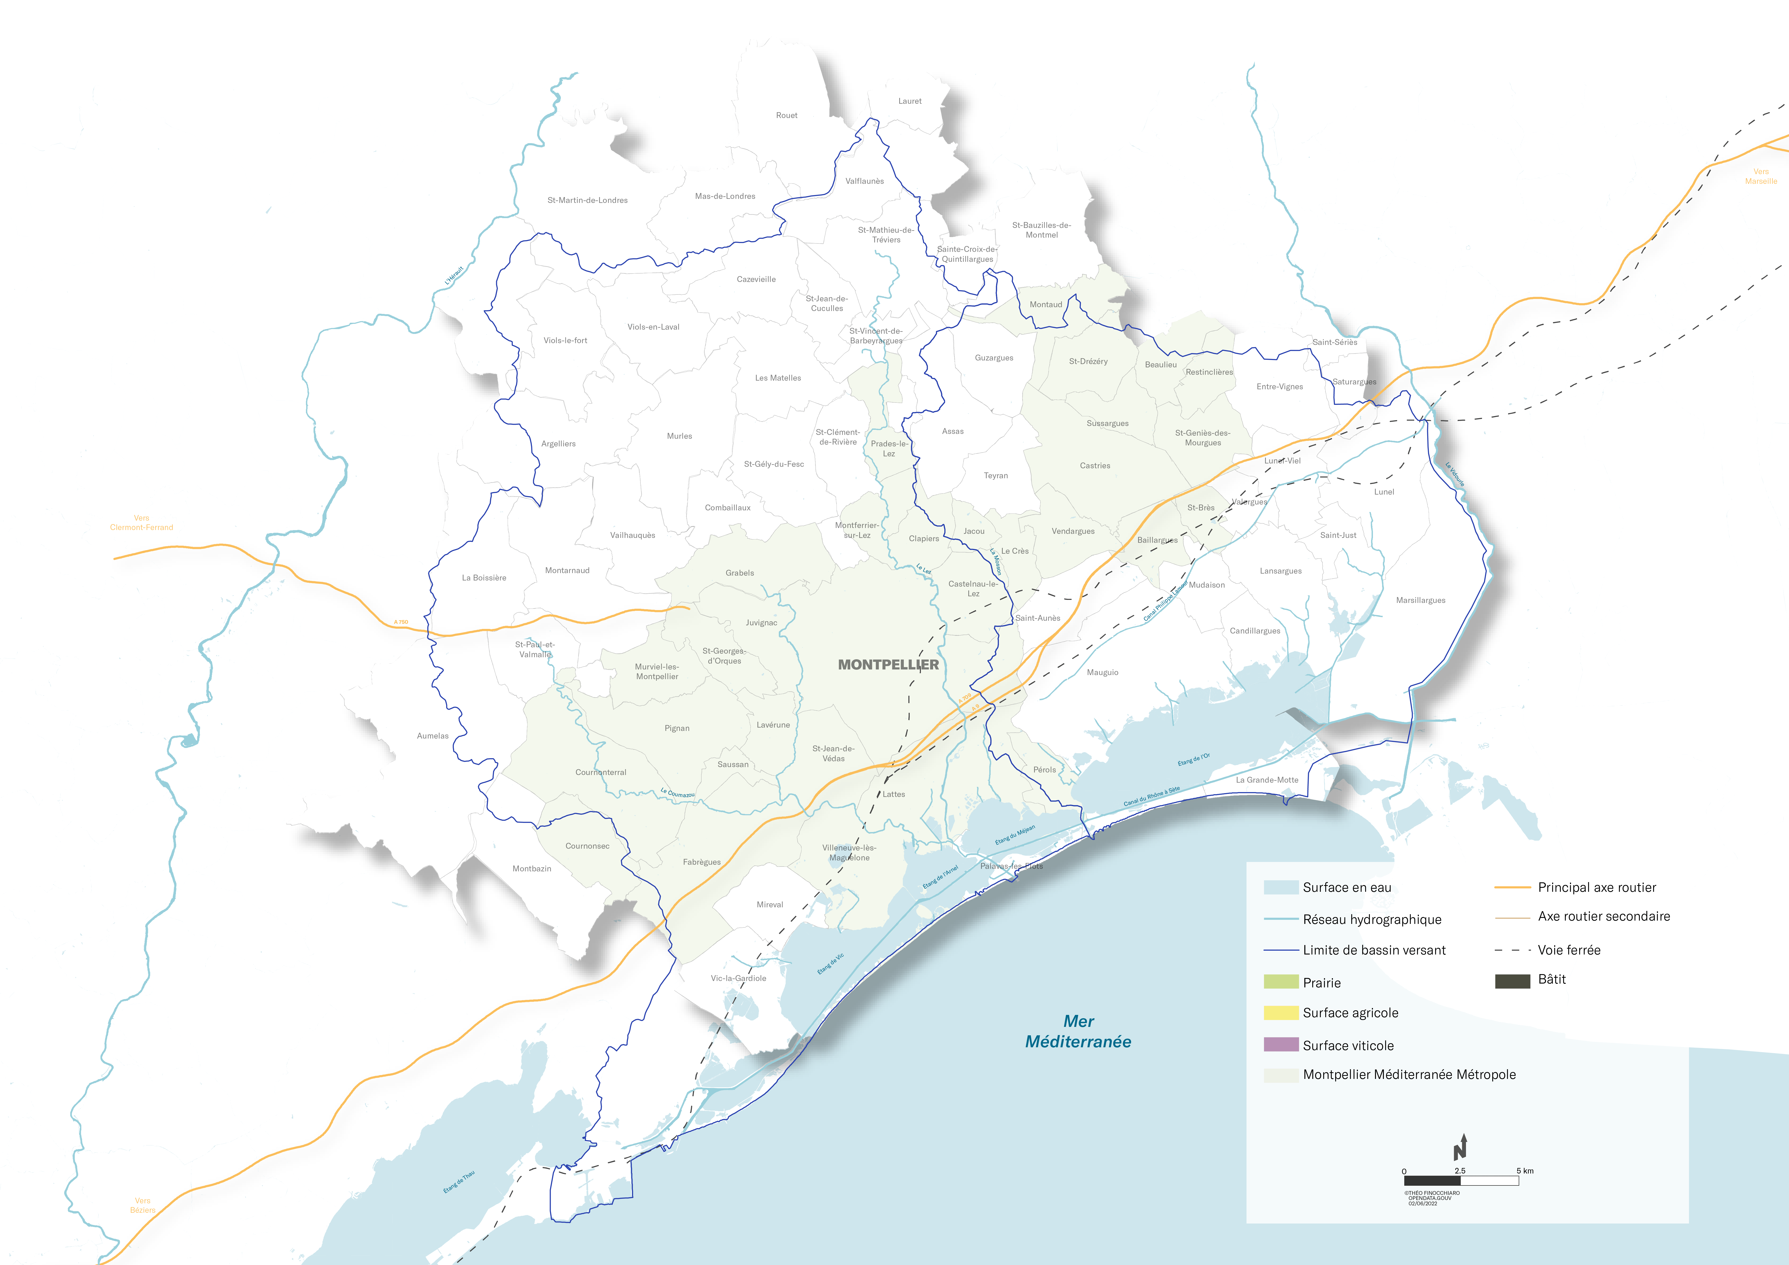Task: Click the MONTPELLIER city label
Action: pyautogui.click(x=888, y=664)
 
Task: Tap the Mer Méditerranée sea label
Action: pyautogui.click(x=1078, y=1031)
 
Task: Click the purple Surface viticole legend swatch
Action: pyautogui.click(x=1281, y=1044)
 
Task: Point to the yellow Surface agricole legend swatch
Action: pyautogui.click(x=1281, y=1013)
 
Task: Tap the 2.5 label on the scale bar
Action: pyautogui.click(x=1459, y=1171)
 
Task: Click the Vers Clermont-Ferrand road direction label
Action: pyautogui.click(x=142, y=523)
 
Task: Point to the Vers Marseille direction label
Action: pyautogui.click(x=1761, y=176)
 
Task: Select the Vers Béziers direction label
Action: pyautogui.click(x=143, y=1205)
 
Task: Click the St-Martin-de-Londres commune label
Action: pyautogui.click(x=587, y=200)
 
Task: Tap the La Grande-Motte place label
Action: pyautogui.click(x=1267, y=780)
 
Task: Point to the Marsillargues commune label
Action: pyautogui.click(x=1420, y=601)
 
